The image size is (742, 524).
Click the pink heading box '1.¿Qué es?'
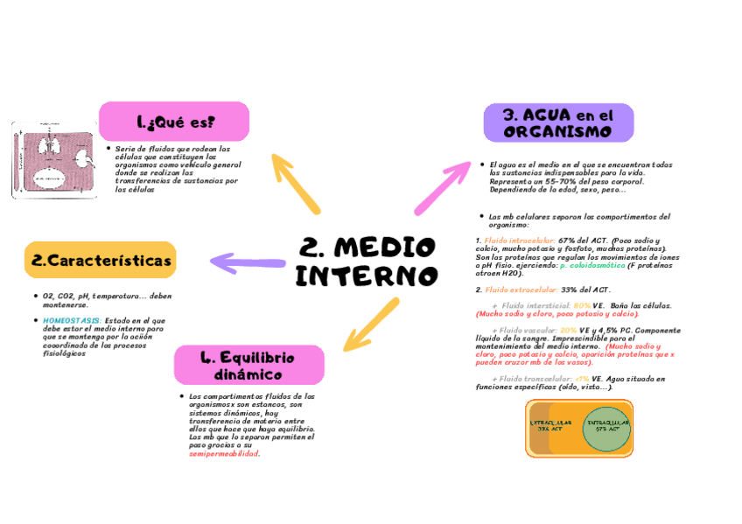[173, 121]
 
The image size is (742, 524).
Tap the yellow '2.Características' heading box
[100, 261]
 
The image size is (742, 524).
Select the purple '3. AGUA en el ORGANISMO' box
[557, 122]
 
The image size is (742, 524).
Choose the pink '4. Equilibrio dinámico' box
[249, 365]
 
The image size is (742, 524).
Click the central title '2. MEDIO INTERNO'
[366, 261]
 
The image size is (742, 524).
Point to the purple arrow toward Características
[248, 260]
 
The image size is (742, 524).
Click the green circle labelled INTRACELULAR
[607, 428]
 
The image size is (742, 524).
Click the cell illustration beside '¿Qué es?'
[53, 159]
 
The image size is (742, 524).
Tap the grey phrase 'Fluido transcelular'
[533, 379]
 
